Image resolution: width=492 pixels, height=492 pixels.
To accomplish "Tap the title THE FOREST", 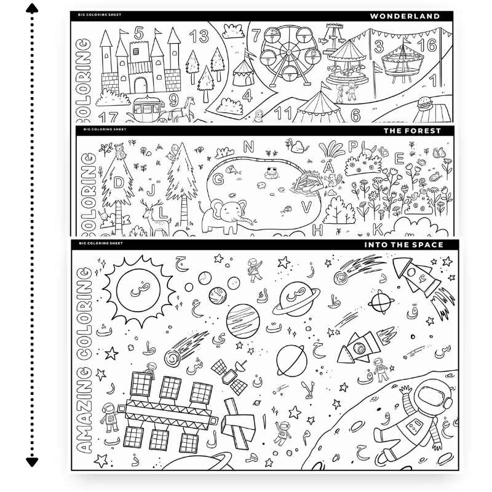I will coord(421,131).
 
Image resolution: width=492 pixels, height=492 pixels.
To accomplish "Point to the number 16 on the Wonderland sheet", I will coord(430,45).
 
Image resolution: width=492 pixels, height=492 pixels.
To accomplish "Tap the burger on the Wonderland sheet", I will coord(423,103).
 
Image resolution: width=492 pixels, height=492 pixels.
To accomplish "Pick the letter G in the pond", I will coord(218,180).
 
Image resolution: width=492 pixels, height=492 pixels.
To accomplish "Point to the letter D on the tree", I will coord(119,183).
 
